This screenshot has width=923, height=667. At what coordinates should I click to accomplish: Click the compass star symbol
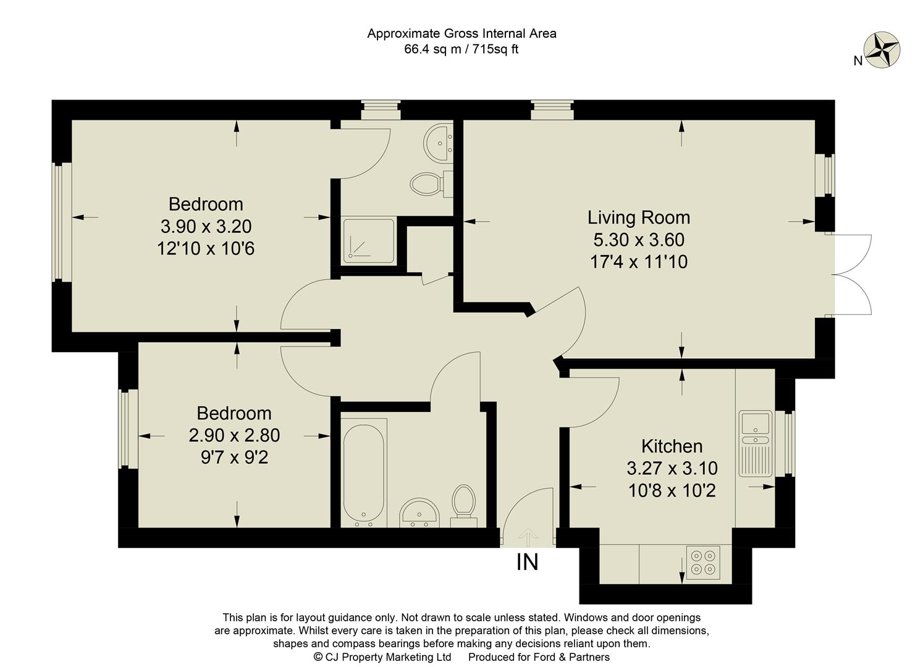tap(882, 49)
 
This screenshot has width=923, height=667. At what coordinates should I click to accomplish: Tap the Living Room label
tap(638, 217)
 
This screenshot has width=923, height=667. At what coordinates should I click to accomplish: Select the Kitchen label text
tap(672, 446)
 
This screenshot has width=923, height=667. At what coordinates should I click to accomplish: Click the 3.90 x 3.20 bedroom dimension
tap(206, 226)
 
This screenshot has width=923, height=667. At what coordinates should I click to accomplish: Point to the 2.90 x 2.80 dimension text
tap(234, 435)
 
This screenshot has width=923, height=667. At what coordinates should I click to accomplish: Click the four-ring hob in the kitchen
tap(703, 563)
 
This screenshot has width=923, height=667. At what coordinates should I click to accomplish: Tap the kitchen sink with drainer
tap(756, 443)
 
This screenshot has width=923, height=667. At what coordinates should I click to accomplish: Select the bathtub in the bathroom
tap(363, 473)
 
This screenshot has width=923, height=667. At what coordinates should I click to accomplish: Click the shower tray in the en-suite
tap(369, 241)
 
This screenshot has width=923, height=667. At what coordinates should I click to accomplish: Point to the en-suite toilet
tap(431, 184)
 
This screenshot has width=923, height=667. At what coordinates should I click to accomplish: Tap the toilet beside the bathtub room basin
tap(463, 506)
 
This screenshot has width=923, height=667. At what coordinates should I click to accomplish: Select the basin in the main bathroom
tap(419, 513)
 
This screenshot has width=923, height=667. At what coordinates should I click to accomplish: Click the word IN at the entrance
tap(527, 562)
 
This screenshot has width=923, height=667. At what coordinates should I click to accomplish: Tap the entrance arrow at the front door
tap(528, 537)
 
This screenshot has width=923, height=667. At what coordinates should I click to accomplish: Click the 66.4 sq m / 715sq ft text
tap(461, 49)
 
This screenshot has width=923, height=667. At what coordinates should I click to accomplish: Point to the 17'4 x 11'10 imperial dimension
tap(639, 262)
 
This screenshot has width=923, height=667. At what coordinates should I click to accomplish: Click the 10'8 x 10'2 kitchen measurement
tap(672, 490)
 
